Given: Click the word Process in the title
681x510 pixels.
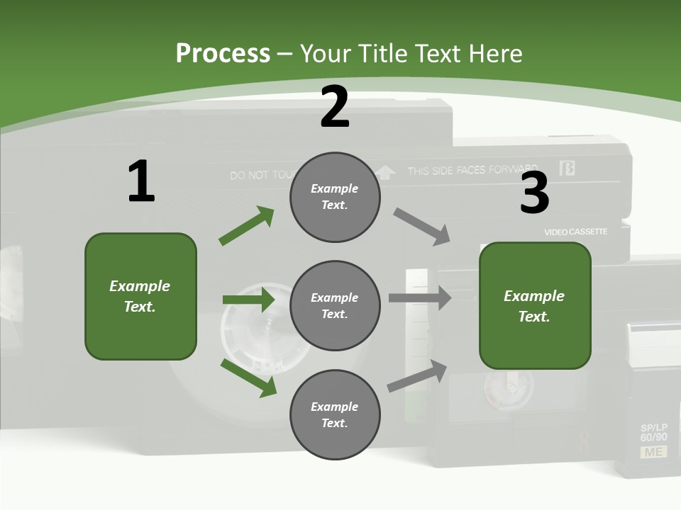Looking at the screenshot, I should (223, 53).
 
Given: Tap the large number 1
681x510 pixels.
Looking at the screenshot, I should (141, 182).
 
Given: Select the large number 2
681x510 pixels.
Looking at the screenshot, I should (335, 108).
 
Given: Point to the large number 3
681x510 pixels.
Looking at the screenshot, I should (535, 193).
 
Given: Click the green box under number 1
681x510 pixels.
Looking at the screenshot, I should (140, 296).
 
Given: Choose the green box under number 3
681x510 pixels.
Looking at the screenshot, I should (535, 306).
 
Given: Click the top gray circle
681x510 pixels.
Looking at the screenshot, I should (335, 197).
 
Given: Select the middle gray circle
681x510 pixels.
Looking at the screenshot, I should (335, 305).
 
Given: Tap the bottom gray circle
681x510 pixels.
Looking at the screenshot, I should (335, 414).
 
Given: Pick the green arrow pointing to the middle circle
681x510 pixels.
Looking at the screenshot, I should (248, 300).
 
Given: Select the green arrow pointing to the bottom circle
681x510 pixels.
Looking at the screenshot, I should (248, 378).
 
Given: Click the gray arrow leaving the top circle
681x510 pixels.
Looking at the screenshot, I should (422, 226).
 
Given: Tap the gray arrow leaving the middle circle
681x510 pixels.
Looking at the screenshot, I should (420, 297).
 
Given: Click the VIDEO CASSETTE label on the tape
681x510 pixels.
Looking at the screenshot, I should (575, 232).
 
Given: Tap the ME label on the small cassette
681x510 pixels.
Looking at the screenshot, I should (653, 452).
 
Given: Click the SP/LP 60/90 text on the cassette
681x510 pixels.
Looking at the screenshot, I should (653, 433).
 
